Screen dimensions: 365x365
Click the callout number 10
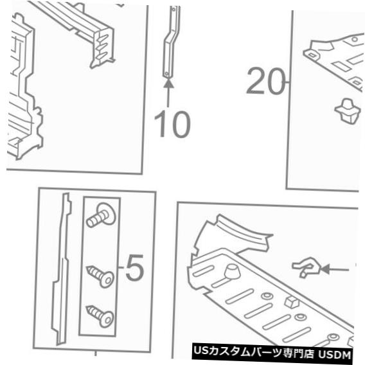171,125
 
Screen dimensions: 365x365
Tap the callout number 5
134,270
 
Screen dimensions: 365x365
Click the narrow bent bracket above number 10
170,46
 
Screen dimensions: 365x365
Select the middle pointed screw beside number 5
101,276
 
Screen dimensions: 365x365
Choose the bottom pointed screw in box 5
101,314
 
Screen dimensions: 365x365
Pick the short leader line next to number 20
289,82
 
